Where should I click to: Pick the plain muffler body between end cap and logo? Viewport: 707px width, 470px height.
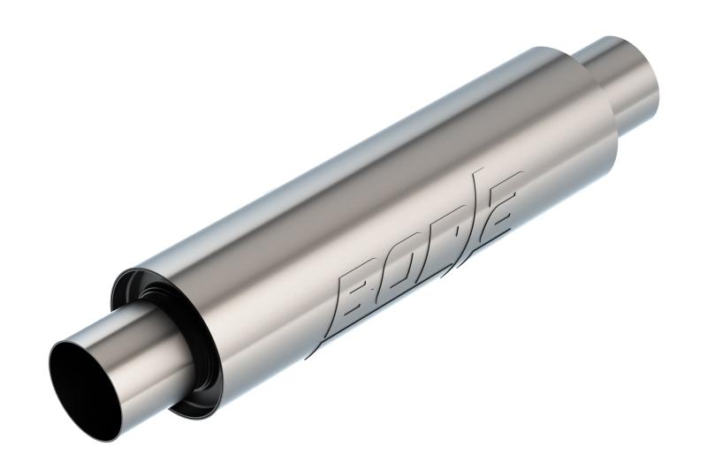[x=256, y=292]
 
